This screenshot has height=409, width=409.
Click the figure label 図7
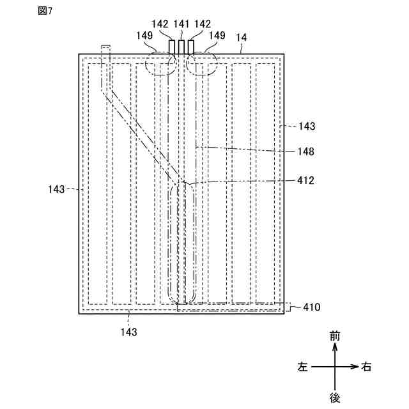pyautogui.click(x=45, y=13)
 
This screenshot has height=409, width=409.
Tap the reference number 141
pyautogui.click(x=181, y=24)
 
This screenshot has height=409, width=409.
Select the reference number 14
pyautogui.click(x=242, y=38)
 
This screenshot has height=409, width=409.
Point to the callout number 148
pyautogui.click(x=306, y=151)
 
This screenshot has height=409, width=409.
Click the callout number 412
pyautogui.click(x=306, y=180)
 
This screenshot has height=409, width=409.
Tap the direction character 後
pyautogui.click(x=335, y=397)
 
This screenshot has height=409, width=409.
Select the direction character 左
pyautogui.click(x=303, y=367)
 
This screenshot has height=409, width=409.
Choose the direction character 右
pyautogui.click(x=367, y=367)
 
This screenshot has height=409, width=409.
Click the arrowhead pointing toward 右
pyautogui.click(x=353, y=367)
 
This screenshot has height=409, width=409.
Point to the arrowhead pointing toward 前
pyautogui.click(x=335, y=347)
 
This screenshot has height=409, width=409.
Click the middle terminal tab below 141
pyautogui.click(x=181, y=47)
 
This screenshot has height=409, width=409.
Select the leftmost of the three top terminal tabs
pyautogui.click(x=173, y=47)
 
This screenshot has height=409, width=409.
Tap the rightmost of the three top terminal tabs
pyautogui.click(x=190, y=47)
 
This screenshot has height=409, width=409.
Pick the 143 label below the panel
pyautogui.click(x=128, y=332)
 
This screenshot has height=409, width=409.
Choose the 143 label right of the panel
pyautogui.click(x=307, y=127)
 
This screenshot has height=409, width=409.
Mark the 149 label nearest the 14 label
pyautogui.click(x=217, y=36)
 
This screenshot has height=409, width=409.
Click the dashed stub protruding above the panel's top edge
pyautogui.click(x=106, y=50)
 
